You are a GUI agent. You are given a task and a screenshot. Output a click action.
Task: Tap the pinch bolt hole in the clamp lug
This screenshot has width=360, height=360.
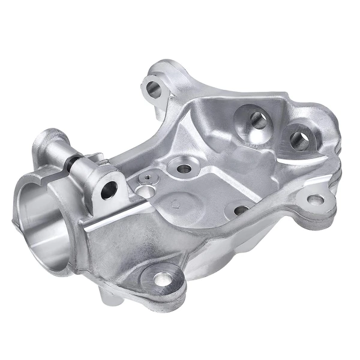109,191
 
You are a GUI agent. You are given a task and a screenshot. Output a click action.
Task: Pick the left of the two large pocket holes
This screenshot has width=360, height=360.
256,119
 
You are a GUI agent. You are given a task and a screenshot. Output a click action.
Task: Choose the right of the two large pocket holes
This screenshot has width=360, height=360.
299,140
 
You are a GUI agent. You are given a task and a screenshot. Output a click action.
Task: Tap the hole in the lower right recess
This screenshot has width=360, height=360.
241,210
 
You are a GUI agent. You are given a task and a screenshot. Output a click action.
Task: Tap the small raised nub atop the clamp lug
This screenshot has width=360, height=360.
90,157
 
